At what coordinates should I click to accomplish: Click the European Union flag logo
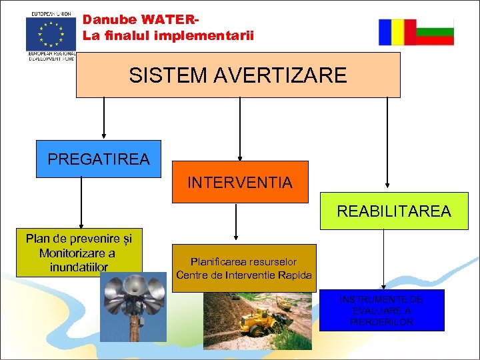click(51, 34)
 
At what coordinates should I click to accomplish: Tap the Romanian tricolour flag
click(397, 32)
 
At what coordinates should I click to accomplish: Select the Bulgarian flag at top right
click(435, 32)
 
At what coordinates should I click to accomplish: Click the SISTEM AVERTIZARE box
click(238, 75)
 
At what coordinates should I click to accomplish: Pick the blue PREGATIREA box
click(99, 159)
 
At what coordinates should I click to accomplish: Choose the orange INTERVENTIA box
click(240, 182)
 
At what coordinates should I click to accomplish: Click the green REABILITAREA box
click(393, 211)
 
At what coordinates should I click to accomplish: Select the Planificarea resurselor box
click(243, 269)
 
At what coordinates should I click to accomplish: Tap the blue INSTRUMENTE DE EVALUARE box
click(381, 310)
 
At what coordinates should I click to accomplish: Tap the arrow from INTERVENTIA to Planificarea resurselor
click(236, 221)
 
